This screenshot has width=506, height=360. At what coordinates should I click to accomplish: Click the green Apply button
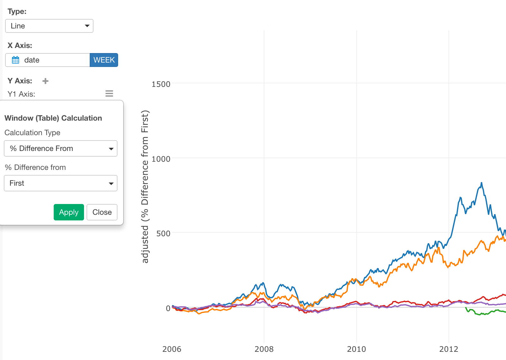coord(69,212)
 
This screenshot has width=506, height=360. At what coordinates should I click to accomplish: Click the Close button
coord(102,212)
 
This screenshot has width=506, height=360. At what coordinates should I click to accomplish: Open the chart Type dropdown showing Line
coord(49,26)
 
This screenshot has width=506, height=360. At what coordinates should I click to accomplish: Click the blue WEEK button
coord(104,60)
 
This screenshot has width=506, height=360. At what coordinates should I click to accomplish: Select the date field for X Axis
coord(47,60)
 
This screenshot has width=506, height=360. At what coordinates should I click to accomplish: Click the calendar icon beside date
coord(15,60)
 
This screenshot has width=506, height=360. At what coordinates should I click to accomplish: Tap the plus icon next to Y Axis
coord(45,81)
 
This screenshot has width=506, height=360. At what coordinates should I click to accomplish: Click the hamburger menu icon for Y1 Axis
coord(109,93)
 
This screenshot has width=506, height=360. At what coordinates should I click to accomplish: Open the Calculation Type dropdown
coord(61,148)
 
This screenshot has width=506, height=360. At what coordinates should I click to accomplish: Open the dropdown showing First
coord(61,183)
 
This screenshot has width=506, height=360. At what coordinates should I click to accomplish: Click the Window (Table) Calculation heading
coord(53,118)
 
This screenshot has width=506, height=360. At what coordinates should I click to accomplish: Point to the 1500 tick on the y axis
coord(161,84)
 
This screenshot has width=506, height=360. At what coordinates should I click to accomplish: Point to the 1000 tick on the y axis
coord(161,159)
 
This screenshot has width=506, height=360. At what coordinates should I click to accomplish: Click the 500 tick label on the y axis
coord(163,234)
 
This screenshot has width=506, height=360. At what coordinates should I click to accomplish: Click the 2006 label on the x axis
coord(172,349)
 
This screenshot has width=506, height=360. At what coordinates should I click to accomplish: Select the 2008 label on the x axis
coord(264,349)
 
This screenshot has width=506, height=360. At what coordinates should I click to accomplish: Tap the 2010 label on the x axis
coord(356,349)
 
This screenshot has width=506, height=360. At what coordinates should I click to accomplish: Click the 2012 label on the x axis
coord(449,349)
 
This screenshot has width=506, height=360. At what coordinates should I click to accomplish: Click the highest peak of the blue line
coord(481,183)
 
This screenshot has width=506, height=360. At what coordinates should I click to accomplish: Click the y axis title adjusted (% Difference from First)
coord(145,186)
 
